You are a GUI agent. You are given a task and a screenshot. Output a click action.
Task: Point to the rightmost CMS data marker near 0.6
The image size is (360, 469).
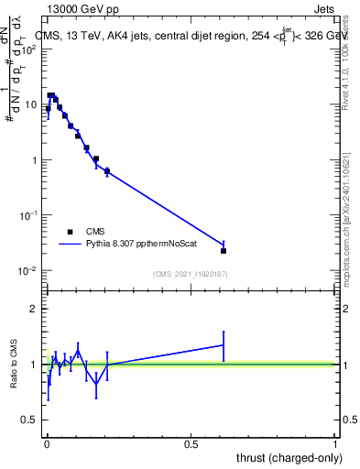224,250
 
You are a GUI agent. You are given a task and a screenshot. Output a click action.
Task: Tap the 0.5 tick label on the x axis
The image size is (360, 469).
191,443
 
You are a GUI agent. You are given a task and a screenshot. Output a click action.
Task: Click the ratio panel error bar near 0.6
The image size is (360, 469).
224,345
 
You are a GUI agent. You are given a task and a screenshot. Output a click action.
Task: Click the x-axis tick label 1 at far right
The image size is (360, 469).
335,443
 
